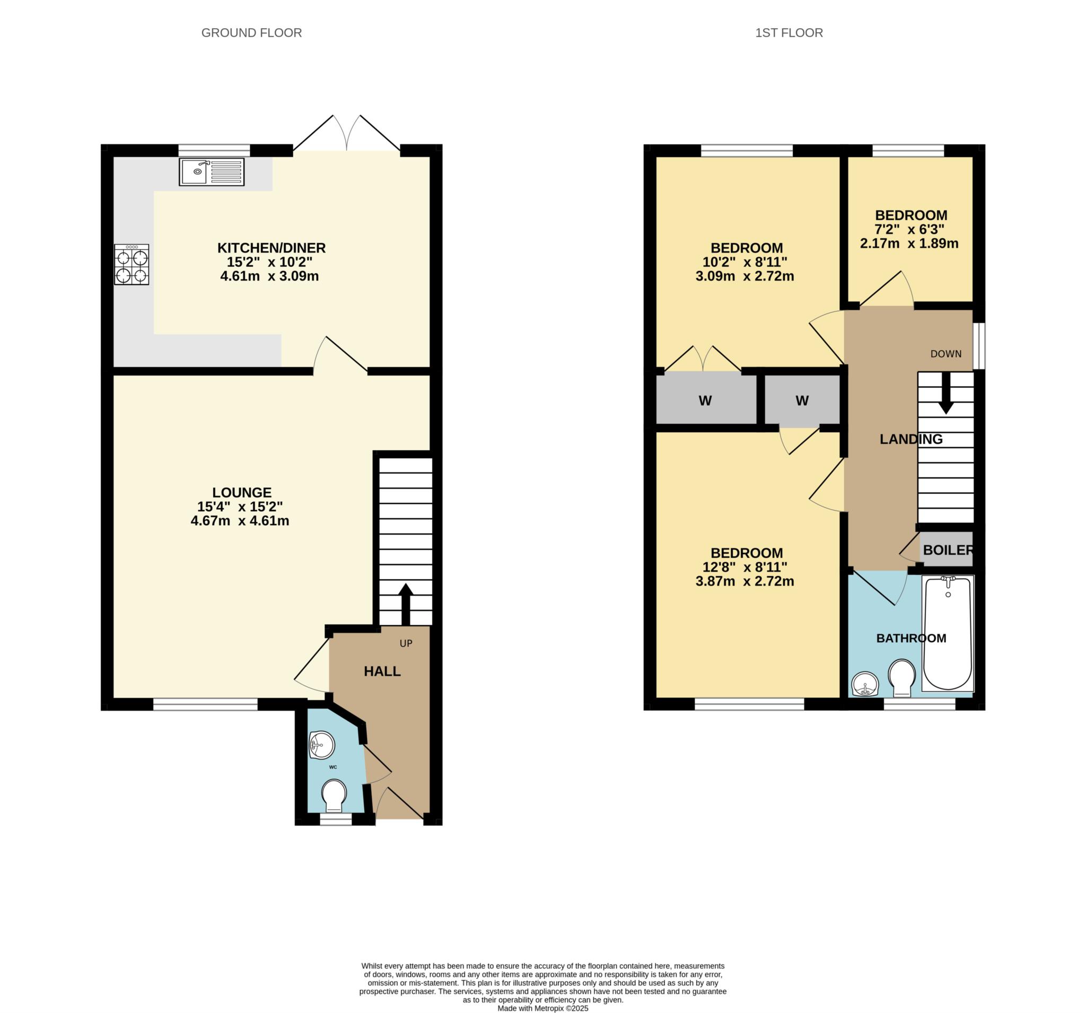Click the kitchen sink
tap(212, 171)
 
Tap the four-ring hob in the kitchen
tap(131, 265)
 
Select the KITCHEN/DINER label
tap(271, 248)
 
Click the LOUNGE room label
tap(241, 492)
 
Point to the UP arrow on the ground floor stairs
tap(405, 604)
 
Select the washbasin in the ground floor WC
tap(322, 745)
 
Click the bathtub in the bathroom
tap(947, 633)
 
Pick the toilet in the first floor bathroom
tap(902, 678)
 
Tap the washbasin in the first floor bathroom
tap(865, 684)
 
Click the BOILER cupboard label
tap(948, 550)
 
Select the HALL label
tap(382, 671)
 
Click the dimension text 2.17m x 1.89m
tap(909, 243)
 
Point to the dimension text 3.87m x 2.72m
tap(745, 581)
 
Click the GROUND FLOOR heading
tap(252, 33)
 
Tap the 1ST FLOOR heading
tap(789, 33)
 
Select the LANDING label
tap(910, 439)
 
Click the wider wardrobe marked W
tap(706, 400)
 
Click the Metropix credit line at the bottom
tap(543, 1008)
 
